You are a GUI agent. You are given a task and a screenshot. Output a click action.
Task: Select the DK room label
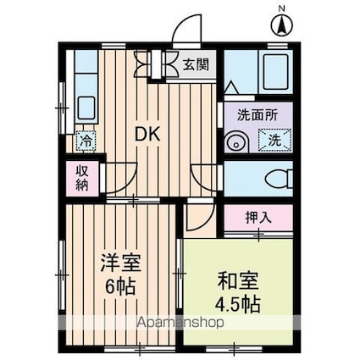pos(149,134)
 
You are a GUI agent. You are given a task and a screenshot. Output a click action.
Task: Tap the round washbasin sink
pos(235,141)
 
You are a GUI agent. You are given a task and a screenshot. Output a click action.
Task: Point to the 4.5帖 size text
pos(237,303)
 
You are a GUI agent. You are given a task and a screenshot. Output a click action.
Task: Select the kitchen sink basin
pos(86,108)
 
